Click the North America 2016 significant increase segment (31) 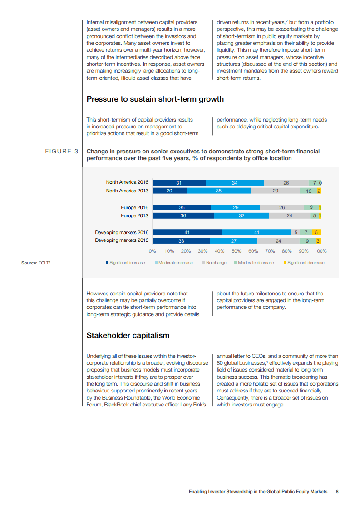(x=179, y=183)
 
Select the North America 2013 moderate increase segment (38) (x=218, y=191)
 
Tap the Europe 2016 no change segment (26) (x=282, y=207)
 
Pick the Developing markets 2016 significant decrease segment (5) (x=316, y=232)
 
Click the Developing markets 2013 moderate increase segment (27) (x=233, y=240)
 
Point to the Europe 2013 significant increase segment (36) (x=183, y=216)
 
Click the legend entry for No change (x=214, y=263)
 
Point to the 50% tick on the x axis (x=237, y=251)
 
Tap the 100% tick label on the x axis (x=321, y=251)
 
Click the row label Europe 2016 (x=134, y=207)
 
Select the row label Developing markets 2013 (x=122, y=240)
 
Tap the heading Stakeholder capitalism (x=128, y=336)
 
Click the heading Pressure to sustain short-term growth (x=155, y=99)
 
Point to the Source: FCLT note (x=36, y=263)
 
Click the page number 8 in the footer (x=337, y=491)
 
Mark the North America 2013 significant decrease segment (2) (x=319, y=191)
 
